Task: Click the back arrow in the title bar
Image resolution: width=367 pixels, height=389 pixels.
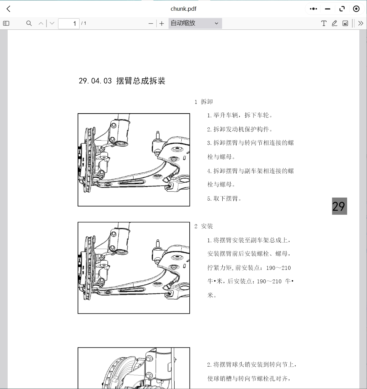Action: pyautogui.click(x=9, y=9)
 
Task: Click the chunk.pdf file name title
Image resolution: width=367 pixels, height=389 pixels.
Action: pyautogui.click(x=183, y=9)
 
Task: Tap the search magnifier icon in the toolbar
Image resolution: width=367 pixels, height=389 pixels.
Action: pyautogui.click(x=29, y=23)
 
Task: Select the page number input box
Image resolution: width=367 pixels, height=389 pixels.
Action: pyautogui.click(x=69, y=23)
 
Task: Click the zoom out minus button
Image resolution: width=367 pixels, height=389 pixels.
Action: pyautogui.click(x=150, y=23)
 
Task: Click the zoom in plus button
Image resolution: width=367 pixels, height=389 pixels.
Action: pyautogui.click(x=162, y=23)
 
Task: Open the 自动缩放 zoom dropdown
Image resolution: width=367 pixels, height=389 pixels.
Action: pyautogui.click(x=195, y=23)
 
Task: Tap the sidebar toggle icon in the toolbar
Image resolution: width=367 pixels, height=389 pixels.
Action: pyautogui.click(x=6, y=23)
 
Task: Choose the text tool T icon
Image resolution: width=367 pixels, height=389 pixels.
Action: pyautogui.click(x=324, y=23)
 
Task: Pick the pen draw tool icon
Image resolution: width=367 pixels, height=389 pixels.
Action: pyautogui.click(x=335, y=23)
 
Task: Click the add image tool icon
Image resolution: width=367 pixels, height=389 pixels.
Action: pyautogui.click(x=345, y=23)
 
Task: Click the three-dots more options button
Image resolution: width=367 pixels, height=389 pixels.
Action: pyautogui.click(x=313, y=9)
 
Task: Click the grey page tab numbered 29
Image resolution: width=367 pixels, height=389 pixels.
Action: pyautogui.click(x=339, y=206)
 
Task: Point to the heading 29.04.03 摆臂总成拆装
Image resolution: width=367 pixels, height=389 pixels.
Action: pyautogui.click(x=122, y=81)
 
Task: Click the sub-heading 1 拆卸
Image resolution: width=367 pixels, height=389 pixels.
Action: pyautogui.click(x=204, y=102)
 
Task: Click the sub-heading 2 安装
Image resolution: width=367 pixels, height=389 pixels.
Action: pyautogui.click(x=204, y=226)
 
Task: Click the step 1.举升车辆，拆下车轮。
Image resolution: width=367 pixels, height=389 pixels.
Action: pyautogui.click(x=240, y=115)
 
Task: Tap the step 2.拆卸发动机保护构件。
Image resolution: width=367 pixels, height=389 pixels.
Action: pyautogui.click(x=240, y=129)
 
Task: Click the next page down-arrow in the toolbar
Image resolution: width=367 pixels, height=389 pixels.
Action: pyautogui.click(x=52, y=23)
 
